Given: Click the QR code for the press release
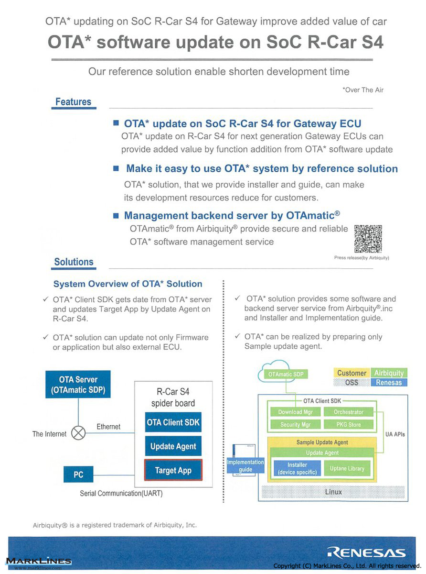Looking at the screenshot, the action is pos(368,239).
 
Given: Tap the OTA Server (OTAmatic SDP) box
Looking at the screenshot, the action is pos(78,384).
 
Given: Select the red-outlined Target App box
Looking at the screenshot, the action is pos(173,470).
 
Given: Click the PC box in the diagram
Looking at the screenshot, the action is pos(78,475).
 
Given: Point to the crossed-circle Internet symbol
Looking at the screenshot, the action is pos(78,433).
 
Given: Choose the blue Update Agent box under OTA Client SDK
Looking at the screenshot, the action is pos(173,446).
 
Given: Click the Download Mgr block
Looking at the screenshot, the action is pos(295,412).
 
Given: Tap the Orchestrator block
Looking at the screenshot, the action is pos(349,412).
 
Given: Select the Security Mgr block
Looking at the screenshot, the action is pos(295,424).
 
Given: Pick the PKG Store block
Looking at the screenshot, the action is pos(349,424).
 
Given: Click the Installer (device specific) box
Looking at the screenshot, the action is pos(297,469).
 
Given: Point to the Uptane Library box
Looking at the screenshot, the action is pos(347,469).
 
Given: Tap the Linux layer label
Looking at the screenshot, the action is pos(333,492).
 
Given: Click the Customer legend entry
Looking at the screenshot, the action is pos(351,373).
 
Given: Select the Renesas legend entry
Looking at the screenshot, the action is pos(389,383).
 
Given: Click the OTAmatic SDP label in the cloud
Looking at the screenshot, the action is pos(286,374).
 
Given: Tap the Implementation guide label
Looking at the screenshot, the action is pos(245,466).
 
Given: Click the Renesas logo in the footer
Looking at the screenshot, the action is pos(366,553).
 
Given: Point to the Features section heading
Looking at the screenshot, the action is pos(74,102).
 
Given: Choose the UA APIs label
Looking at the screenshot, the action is pos(395,434).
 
